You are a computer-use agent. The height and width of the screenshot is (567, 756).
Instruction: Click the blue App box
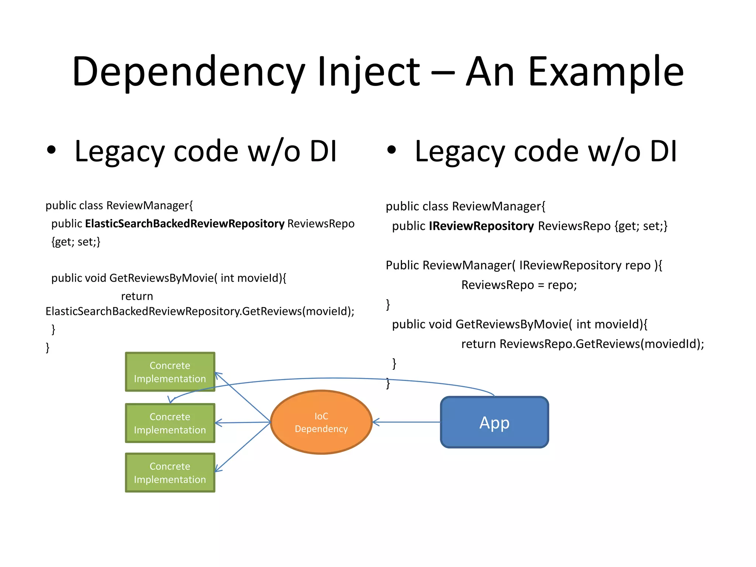(x=494, y=422)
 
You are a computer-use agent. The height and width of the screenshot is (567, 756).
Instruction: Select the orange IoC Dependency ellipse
(x=321, y=422)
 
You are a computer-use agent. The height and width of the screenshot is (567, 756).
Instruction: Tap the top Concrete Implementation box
(x=170, y=372)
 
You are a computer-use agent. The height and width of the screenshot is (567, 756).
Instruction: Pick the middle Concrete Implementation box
(x=170, y=423)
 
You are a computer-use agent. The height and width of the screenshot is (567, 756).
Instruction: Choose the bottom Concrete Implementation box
(x=170, y=472)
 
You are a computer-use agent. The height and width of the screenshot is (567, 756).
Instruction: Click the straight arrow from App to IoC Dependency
(x=406, y=422)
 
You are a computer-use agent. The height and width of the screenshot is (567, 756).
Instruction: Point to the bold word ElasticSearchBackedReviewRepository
(x=185, y=224)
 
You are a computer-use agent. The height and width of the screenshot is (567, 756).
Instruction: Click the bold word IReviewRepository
(x=481, y=226)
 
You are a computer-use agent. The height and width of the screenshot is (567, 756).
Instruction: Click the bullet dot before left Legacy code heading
(x=51, y=150)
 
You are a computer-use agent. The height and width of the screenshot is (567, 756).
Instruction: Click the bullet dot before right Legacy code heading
(x=392, y=150)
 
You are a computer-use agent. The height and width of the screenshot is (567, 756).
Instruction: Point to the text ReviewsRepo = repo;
(x=519, y=285)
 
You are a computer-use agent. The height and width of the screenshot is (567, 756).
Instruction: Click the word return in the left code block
(x=137, y=296)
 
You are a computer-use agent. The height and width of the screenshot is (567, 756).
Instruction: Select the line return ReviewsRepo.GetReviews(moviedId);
(x=583, y=344)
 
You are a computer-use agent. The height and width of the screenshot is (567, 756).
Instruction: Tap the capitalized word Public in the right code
(x=402, y=265)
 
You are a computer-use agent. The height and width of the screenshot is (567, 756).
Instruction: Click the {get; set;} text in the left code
(x=76, y=242)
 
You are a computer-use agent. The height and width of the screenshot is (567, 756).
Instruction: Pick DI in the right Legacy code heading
(x=663, y=151)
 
